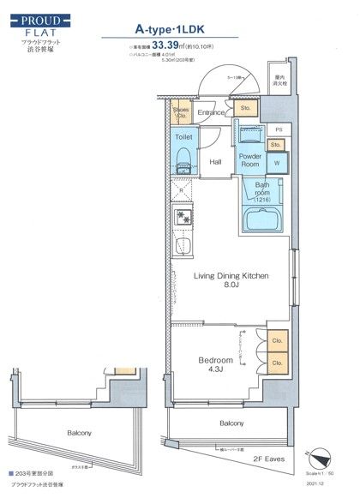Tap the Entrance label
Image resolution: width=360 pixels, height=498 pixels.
[212, 112]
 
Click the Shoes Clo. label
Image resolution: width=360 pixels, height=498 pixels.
[181, 111]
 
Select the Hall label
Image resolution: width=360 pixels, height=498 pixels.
[216, 160]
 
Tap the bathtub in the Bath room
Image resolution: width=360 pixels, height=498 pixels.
[264, 219]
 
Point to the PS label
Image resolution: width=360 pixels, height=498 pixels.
[279, 131]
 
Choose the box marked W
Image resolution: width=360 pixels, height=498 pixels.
[278, 162]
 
